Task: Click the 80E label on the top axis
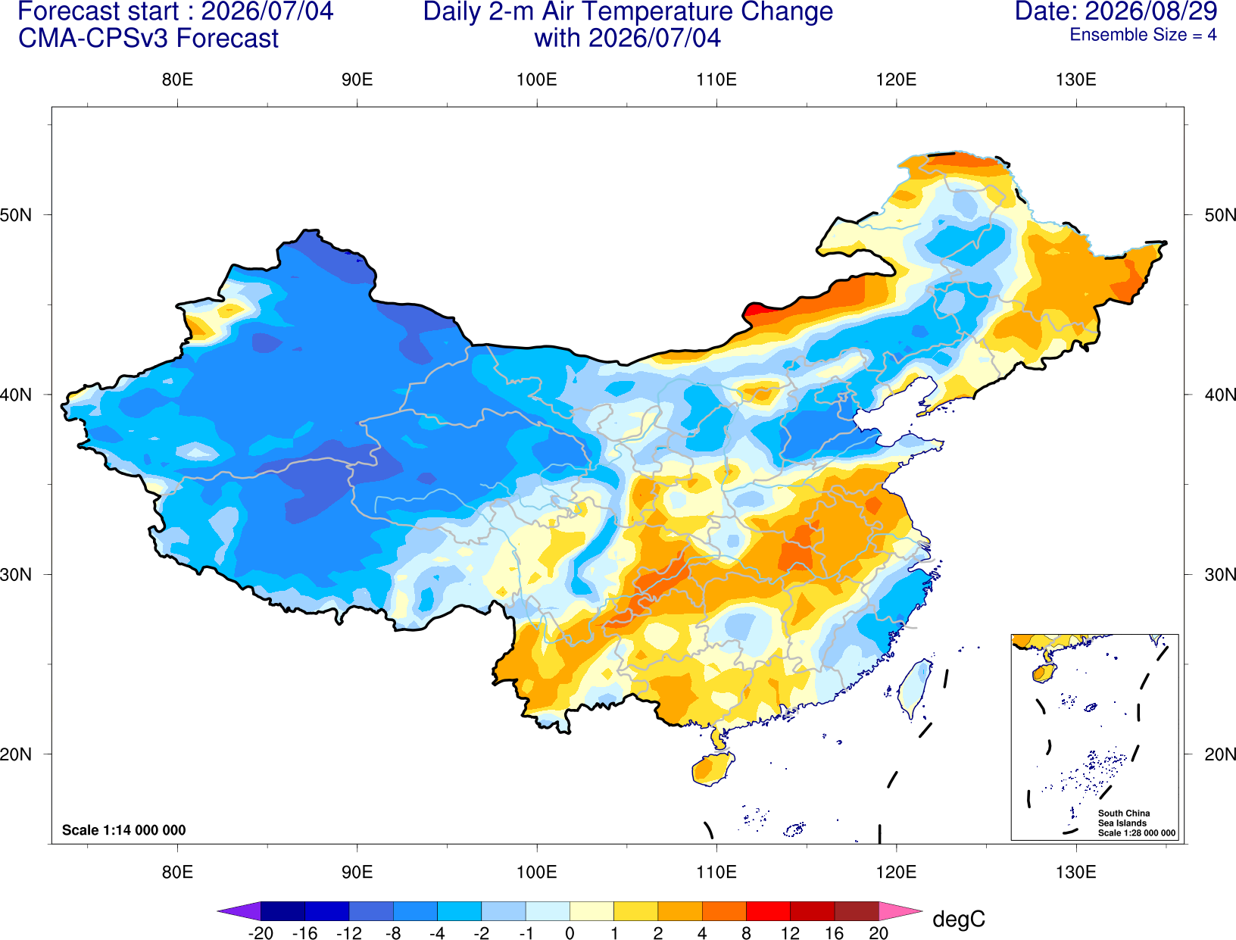click(x=177, y=80)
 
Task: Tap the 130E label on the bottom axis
click(x=1075, y=873)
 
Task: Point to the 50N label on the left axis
click(x=16, y=214)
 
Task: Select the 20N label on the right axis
click(x=1219, y=754)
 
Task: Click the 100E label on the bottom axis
click(x=537, y=873)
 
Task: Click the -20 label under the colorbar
click(x=261, y=933)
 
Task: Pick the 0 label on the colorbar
click(x=570, y=933)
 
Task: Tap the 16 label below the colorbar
click(x=835, y=933)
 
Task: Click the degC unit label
click(x=959, y=919)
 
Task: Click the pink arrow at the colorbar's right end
click(x=899, y=910)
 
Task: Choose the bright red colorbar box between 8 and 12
click(x=768, y=910)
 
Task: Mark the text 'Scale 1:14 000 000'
click(x=124, y=829)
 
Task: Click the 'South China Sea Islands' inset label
click(x=1123, y=818)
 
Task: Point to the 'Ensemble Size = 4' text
click(x=1143, y=35)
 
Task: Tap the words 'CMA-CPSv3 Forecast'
click(x=148, y=39)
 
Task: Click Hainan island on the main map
click(x=713, y=769)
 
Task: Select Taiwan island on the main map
click(x=914, y=688)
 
